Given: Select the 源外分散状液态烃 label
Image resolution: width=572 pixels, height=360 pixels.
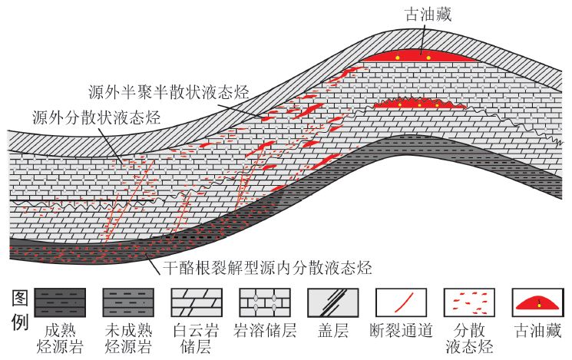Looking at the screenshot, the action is click(95, 117).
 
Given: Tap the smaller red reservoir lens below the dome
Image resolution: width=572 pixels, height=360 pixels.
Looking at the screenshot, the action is click(419, 103).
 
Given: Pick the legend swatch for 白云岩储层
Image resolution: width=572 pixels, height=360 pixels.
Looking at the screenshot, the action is click(197, 302).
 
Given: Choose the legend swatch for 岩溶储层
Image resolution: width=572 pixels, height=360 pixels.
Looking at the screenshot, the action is click(266, 302).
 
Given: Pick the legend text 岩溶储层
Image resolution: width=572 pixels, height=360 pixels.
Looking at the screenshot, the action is click(266, 332).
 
